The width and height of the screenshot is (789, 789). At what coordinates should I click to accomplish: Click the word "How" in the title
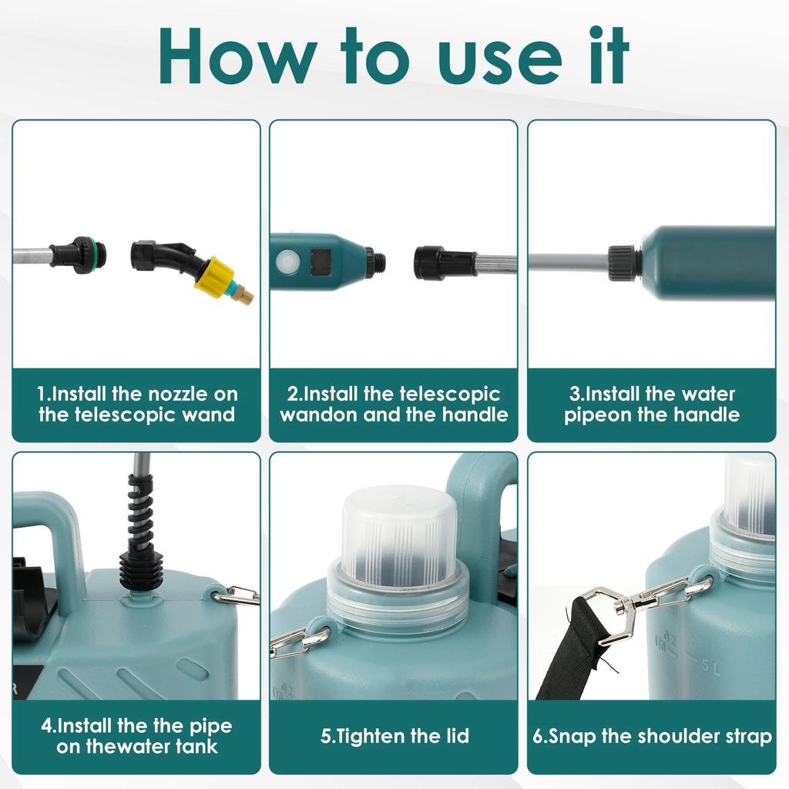point(237,56)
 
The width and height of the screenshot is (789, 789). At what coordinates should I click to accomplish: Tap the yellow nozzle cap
point(215,277)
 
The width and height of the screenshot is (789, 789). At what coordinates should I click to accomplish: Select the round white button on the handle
point(287,262)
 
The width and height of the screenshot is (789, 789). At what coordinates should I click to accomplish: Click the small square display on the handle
point(321,262)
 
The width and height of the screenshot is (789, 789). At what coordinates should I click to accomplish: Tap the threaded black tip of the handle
point(375,262)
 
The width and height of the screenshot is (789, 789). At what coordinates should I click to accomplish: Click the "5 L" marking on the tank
point(711,667)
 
